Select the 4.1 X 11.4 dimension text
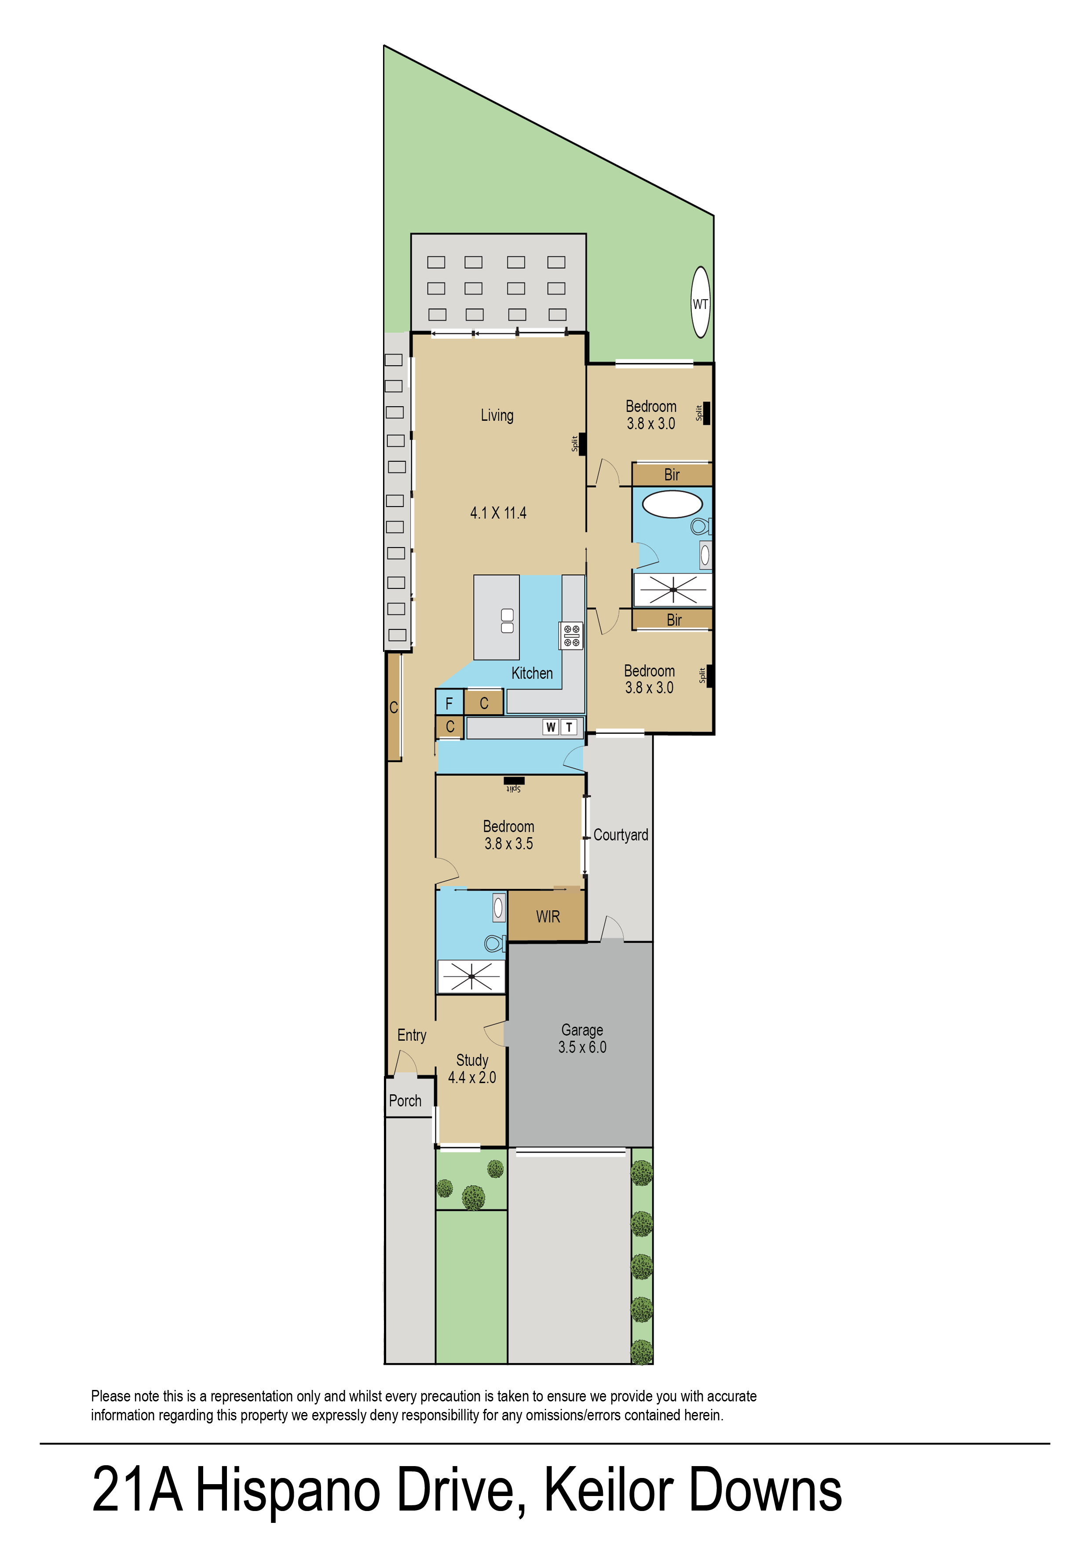[x=498, y=513]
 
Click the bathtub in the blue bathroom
[x=672, y=504]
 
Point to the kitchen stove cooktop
[x=572, y=635]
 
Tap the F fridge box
[x=449, y=703]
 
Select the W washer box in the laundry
[x=551, y=727]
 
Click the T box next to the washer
[x=569, y=727]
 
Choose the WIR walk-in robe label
[x=548, y=916]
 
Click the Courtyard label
[x=621, y=835]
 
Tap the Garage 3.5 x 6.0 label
[x=582, y=1038]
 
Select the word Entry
[x=412, y=1035]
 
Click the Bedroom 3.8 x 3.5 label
[x=509, y=835]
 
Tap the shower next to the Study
[x=471, y=976]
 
